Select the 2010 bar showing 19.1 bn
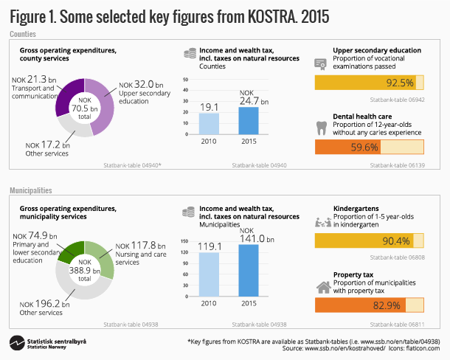click(x=209, y=122)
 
